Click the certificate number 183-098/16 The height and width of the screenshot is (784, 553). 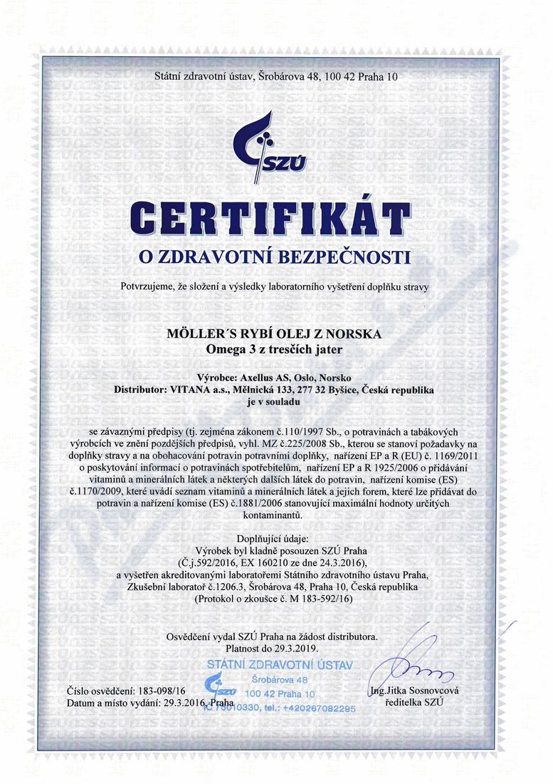coord(160,691)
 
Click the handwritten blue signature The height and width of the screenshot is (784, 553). coord(420,666)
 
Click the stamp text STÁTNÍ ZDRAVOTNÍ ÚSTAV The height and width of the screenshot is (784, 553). coord(279,665)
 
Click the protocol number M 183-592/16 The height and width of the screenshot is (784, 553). coord(317,599)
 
